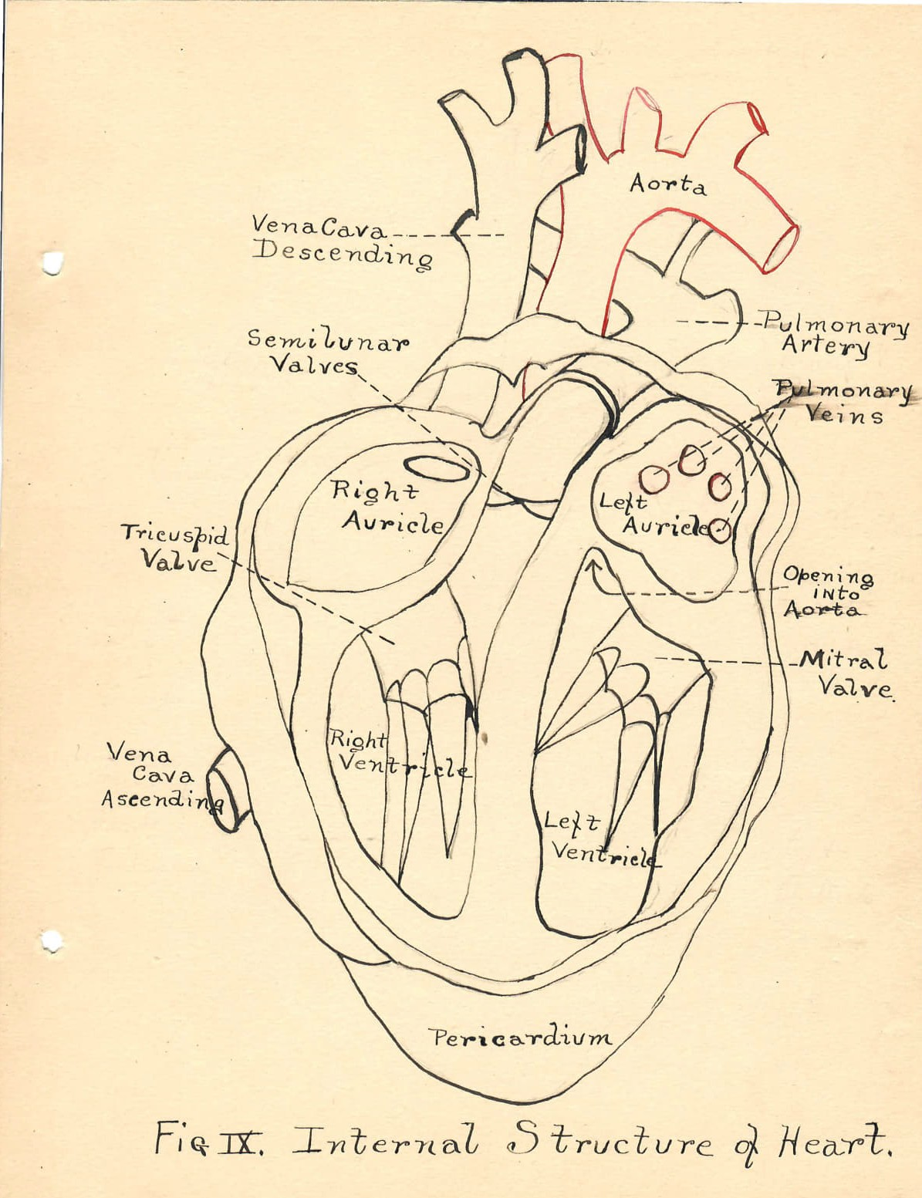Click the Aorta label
pos(667,184)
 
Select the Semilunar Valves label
pos(327,352)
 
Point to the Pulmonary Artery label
pos(833,335)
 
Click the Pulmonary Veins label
pos(844,402)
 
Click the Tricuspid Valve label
pos(175,546)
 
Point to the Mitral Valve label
pos(846,673)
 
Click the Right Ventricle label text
pos(397,754)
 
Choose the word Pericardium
pos(522,1038)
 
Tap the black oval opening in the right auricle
pos(437,468)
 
